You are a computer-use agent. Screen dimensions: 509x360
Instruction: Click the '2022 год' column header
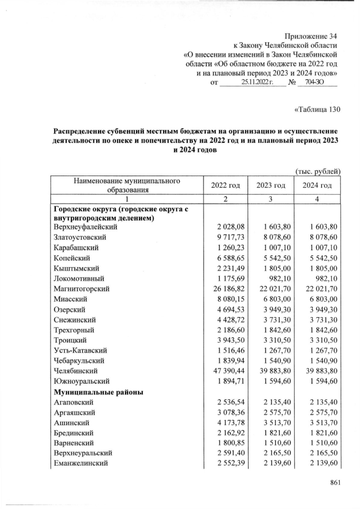coord(226,186)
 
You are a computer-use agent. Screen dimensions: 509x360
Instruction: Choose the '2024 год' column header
coord(317,186)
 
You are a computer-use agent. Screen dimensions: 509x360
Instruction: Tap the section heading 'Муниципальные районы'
coord(95,391)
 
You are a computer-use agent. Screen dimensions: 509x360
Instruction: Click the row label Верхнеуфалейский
coord(85,226)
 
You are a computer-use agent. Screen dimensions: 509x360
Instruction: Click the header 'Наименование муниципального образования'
coord(127,186)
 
